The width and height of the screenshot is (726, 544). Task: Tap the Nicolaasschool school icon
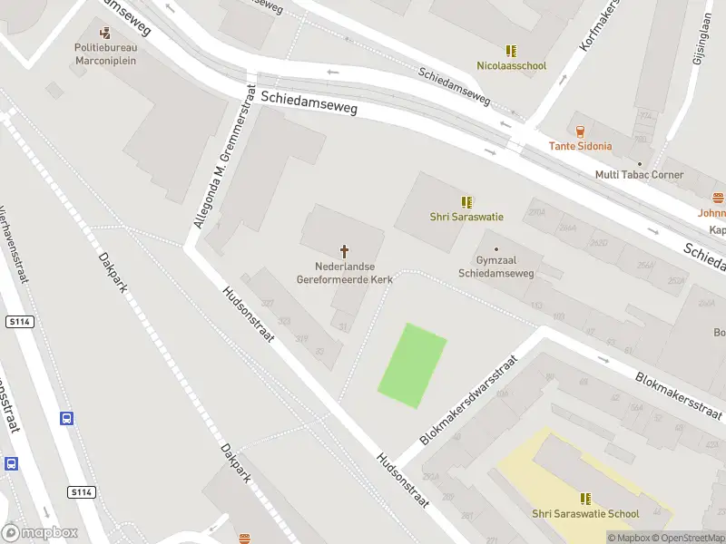point(512,51)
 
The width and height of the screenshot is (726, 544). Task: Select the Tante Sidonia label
point(580,146)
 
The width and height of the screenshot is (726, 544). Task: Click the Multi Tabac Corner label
point(639,175)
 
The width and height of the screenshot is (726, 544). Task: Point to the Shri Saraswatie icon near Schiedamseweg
point(466,202)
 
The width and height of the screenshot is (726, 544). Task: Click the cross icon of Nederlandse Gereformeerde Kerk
point(345,250)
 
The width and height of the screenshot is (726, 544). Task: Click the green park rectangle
point(412,364)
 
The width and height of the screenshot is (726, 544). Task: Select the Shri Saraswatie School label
point(585,514)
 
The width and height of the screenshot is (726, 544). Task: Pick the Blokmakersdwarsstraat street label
point(468,400)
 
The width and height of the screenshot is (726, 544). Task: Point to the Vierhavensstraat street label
point(15,245)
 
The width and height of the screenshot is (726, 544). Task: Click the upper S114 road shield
point(18,322)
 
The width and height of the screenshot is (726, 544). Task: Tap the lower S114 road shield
point(80,491)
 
